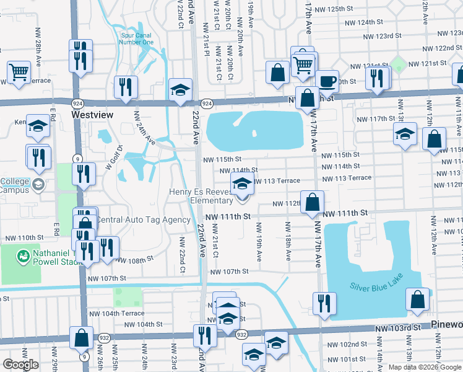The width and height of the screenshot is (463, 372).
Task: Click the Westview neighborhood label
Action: coord(91,115)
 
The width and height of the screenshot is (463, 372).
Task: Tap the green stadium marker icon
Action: coord(24,255)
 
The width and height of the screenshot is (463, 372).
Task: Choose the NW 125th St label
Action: coord(337,9)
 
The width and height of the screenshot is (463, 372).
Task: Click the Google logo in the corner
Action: coord(20,365)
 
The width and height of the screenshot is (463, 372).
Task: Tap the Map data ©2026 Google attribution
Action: coord(425,367)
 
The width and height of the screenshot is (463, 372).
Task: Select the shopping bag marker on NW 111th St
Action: coord(314,201)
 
